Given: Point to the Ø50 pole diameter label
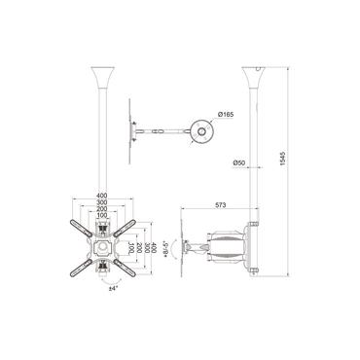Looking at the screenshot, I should coord(238,163).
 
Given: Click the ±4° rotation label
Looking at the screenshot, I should coord(113,288).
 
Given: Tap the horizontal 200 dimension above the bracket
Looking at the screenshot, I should coord(102,212).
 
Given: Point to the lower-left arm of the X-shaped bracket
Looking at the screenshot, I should coord(84,260).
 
